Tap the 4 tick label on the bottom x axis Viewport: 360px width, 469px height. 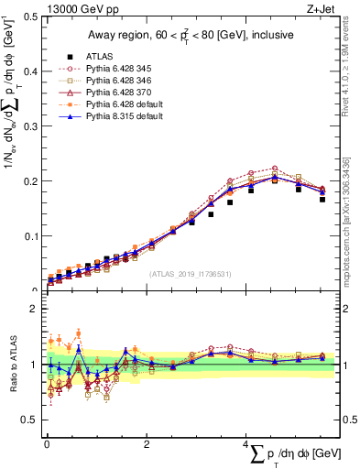coord(246,444)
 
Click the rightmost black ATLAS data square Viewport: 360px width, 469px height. coord(322,199)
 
